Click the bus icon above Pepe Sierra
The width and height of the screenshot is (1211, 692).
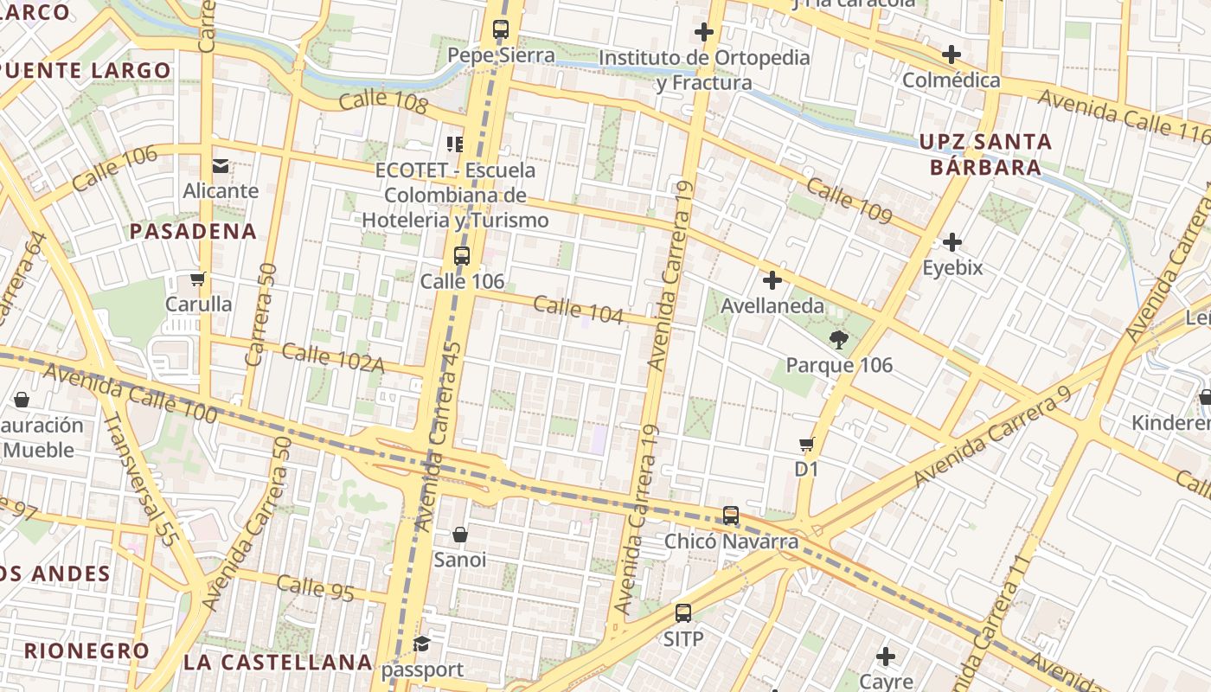(501, 29)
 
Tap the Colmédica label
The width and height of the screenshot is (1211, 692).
(951, 80)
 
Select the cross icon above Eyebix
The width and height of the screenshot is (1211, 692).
(952, 242)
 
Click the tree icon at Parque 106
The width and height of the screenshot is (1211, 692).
(837, 339)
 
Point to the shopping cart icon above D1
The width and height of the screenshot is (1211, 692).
(806, 445)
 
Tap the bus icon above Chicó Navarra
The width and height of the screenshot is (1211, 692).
(731, 516)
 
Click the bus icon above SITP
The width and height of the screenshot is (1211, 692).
(683, 613)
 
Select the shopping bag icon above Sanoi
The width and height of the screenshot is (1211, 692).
(460, 535)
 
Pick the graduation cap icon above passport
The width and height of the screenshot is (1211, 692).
(421, 644)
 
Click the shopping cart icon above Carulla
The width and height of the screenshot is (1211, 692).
(198, 279)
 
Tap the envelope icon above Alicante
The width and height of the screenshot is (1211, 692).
(221, 165)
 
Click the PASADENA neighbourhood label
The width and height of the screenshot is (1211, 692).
(193, 231)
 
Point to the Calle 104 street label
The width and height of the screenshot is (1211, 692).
(578, 309)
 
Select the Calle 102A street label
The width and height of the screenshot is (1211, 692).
(332, 357)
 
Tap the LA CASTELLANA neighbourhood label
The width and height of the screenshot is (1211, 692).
(278, 663)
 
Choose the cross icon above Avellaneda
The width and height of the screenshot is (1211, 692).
(772, 280)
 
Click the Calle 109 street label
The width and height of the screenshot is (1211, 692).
(849, 201)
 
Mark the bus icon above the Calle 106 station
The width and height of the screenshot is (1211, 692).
(462, 256)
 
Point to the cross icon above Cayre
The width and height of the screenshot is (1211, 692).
(886, 657)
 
